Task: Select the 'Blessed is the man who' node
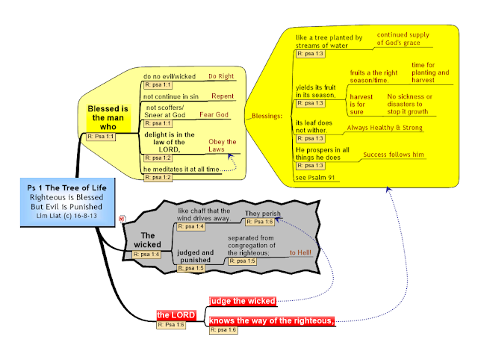[109, 117]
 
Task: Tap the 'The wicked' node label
[147, 240]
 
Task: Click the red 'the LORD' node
[176, 315]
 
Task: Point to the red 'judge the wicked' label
[243, 301]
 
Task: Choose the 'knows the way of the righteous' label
[271, 320]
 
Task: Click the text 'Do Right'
[221, 76]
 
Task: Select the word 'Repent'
[223, 96]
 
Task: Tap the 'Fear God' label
[214, 115]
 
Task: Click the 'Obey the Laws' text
[222, 146]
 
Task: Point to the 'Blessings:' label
[267, 117]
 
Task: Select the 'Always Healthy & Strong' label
[385, 128]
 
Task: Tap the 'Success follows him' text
[394, 155]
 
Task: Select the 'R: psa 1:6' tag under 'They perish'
[258, 222]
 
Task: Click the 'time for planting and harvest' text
[430, 72]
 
